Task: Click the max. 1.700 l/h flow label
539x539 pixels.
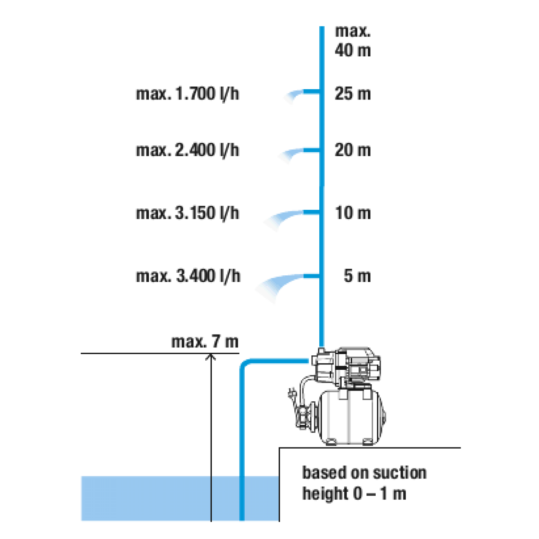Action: coord(187,94)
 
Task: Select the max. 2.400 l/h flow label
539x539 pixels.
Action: coord(187,150)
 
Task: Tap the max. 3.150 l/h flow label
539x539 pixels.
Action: coord(187,213)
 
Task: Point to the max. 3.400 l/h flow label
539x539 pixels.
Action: coord(188,276)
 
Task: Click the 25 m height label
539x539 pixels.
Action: coord(353,94)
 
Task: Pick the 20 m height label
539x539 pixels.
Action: coord(353,150)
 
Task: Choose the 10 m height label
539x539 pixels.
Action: coord(353,213)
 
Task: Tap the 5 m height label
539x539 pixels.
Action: coord(357,276)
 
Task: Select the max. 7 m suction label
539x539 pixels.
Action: coord(205,342)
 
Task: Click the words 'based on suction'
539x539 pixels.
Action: coord(364,473)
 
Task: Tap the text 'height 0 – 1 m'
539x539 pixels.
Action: coord(354,494)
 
